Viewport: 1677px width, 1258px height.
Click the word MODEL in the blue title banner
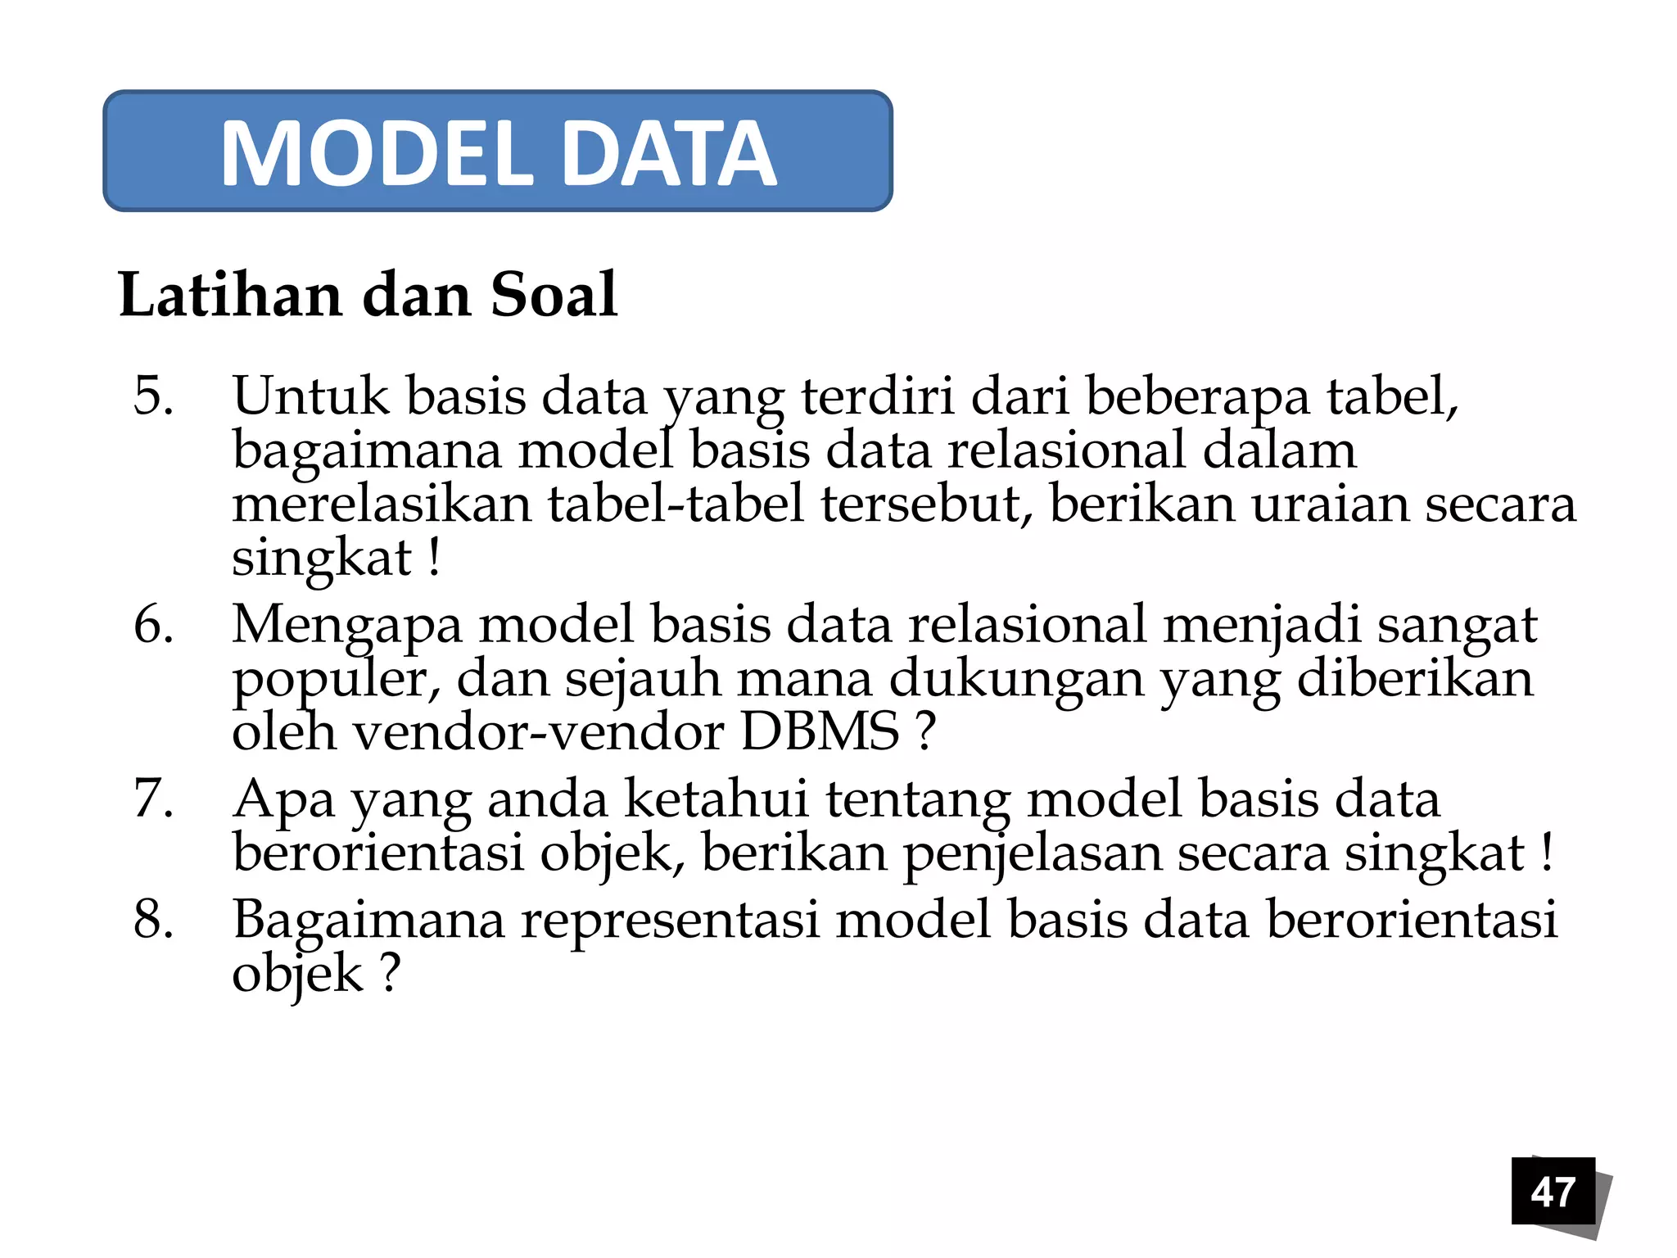[377, 154]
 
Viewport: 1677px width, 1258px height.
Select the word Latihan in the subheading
[230, 295]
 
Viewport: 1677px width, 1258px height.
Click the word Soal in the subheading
[554, 295]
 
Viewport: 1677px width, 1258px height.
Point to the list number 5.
[153, 396]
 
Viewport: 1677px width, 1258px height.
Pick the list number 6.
[153, 625]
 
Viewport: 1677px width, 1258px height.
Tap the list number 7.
[153, 799]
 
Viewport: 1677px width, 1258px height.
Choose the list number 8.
[153, 919]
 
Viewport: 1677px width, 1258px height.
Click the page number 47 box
[1553, 1191]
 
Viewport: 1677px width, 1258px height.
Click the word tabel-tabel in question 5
[676, 504]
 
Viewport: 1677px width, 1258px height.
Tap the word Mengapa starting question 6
[347, 625]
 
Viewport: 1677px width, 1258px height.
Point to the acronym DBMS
[820, 731]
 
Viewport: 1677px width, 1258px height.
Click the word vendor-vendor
[539, 731]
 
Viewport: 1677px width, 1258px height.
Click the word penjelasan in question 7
[1032, 854]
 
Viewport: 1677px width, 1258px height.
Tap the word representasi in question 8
[671, 919]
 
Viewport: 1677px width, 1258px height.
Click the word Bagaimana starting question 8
[368, 919]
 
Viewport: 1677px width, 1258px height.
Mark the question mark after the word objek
[391, 974]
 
